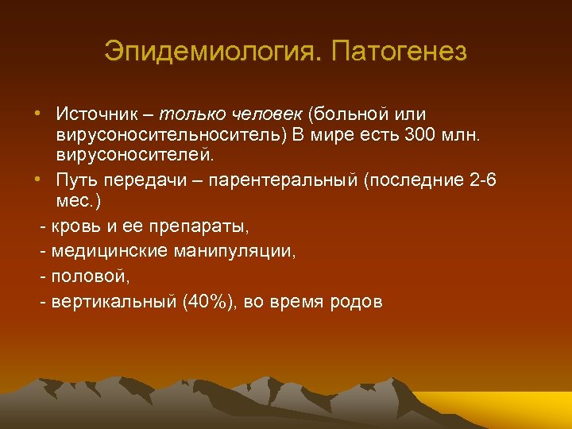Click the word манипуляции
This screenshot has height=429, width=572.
click(x=230, y=252)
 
